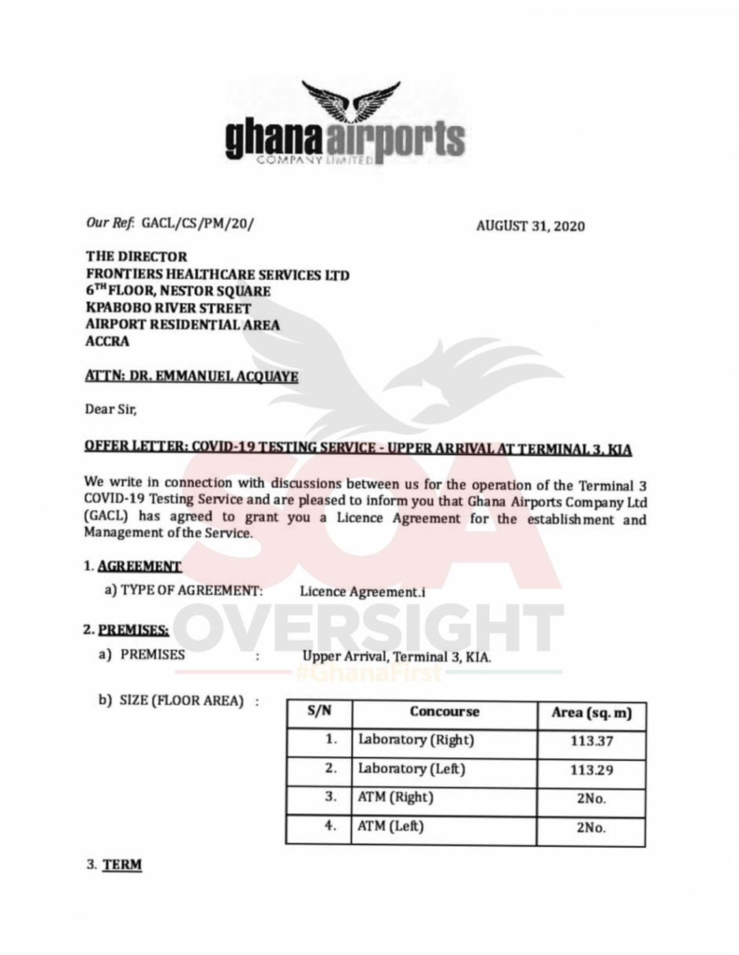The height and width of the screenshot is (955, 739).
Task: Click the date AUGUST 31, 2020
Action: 530,226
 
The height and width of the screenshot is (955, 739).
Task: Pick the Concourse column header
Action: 444,712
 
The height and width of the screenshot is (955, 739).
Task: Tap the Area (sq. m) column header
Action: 592,713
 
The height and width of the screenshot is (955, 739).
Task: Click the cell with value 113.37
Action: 592,742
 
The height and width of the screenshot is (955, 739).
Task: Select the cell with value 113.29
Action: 592,770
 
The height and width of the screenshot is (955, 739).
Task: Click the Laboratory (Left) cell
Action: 411,769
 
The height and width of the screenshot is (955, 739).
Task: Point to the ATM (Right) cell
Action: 397,797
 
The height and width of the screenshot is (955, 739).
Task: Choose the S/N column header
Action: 319,712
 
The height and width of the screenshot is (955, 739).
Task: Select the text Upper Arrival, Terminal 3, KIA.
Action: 397,656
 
